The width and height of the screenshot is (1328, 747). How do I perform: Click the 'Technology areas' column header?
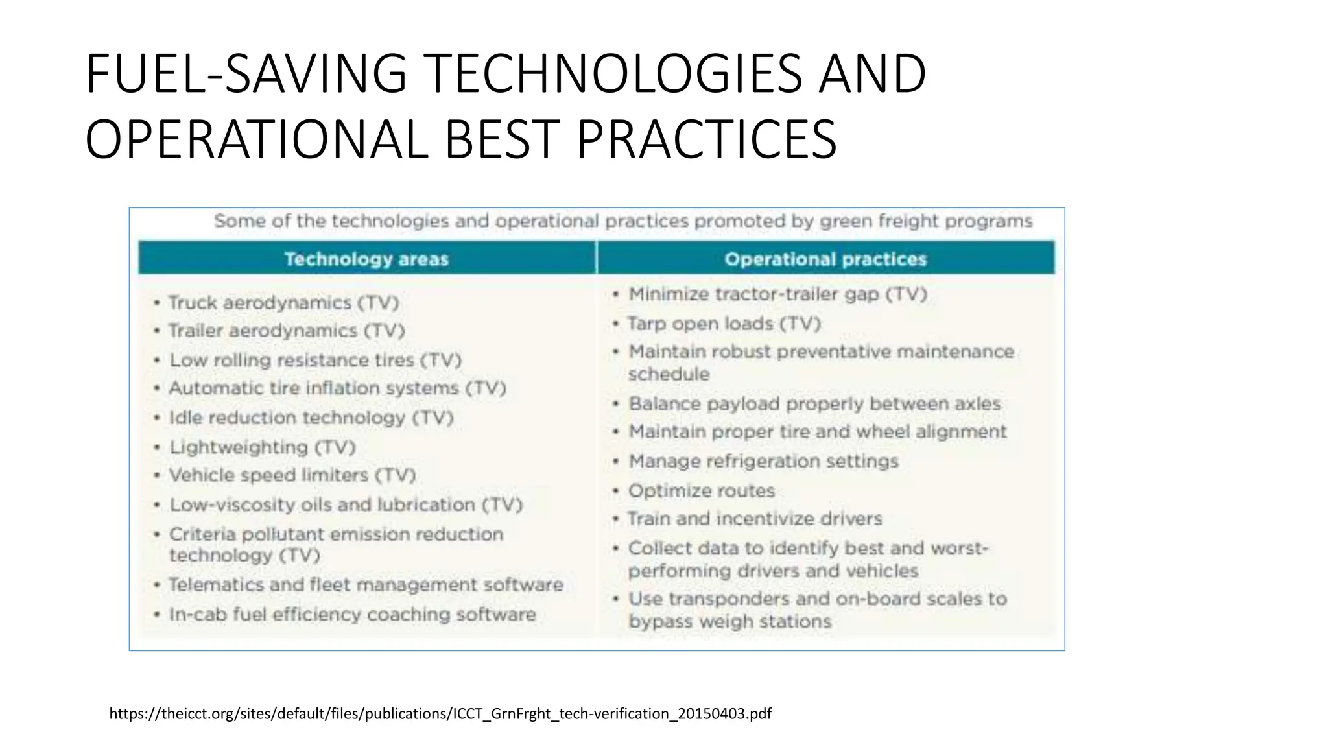[x=366, y=259]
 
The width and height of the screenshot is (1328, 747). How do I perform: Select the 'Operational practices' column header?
[x=825, y=259]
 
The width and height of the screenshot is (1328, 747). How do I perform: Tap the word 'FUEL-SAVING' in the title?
[x=246, y=74]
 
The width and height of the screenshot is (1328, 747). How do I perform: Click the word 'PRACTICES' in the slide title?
[x=706, y=139]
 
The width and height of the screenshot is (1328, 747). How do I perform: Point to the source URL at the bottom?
[x=440, y=714]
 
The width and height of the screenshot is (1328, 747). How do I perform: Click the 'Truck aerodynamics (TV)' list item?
[x=283, y=303]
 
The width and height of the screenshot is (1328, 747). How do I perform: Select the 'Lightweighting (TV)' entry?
[x=263, y=447]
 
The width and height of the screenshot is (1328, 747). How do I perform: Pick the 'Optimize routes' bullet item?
[x=702, y=491]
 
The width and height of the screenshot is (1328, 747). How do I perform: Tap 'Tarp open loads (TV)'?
[x=724, y=324]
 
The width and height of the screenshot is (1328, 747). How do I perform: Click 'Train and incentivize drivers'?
[x=755, y=519]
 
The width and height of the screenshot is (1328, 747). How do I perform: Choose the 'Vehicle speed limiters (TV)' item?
[x=292, y=475]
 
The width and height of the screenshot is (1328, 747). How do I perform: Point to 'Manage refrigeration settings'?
[x=763, y=462]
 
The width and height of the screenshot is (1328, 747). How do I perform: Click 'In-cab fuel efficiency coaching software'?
[x=352, y=615]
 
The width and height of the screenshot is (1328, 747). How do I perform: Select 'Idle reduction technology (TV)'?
[x=311, y=418]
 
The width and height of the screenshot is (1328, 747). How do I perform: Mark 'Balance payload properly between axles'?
[x=814, y=404]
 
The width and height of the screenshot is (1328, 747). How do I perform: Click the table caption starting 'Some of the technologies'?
[x=622, y=221]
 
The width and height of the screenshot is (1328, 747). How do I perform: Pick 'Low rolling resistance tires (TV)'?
[x=315, y=360]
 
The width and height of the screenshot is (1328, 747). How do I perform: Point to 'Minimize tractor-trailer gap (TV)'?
[x=778, y=294]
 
